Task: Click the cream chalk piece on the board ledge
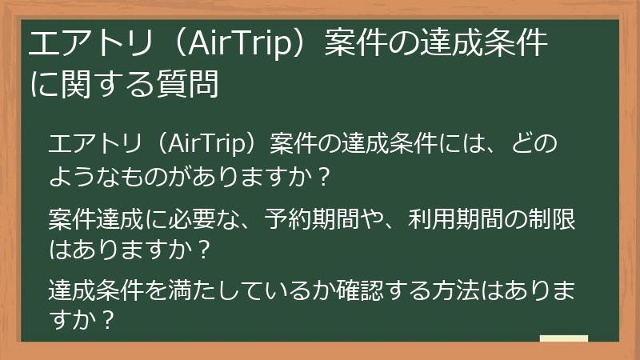(x=563, y=339)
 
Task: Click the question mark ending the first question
(x=323, y=174)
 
